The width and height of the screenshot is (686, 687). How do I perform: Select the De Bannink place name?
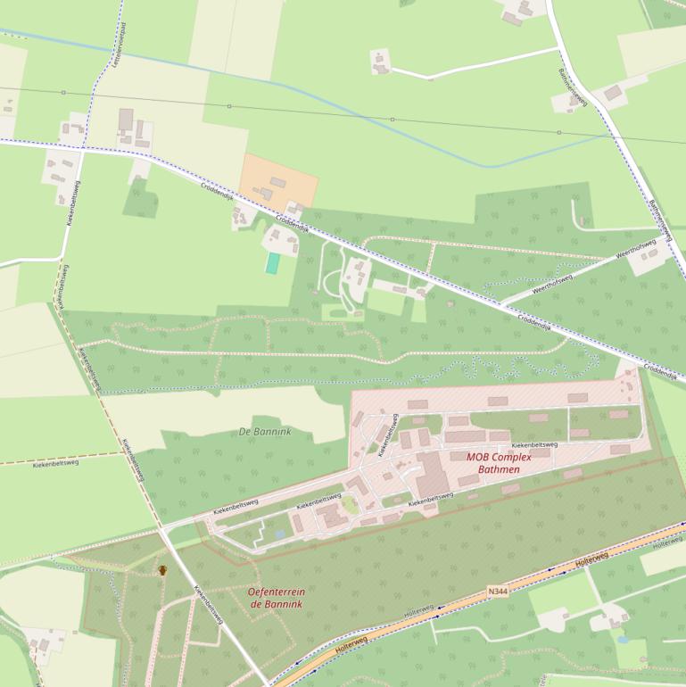click(266, 432)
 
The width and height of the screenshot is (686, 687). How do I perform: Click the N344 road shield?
click(500, 591)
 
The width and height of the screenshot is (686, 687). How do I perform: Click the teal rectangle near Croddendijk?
click(272, 263)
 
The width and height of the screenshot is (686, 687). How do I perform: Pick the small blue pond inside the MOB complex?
click(280, 534)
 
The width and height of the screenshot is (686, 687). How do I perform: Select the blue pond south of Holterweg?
click(621, 639)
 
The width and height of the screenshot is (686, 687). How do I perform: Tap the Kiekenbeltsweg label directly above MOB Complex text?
click(533, 443)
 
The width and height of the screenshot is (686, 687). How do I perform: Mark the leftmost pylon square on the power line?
click(63, 93)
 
